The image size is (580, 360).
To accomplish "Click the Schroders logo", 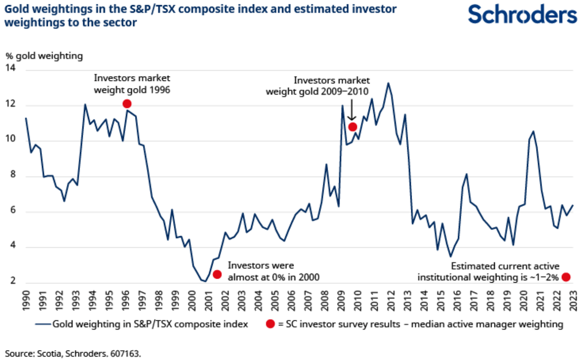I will click(522, 14).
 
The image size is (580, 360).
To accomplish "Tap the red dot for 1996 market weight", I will click(127, 103).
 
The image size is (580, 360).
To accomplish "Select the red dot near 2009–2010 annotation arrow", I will click(352, 127).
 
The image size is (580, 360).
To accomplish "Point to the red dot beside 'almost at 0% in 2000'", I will click(217, 274).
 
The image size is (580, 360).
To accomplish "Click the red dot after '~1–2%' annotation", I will click(566, 277).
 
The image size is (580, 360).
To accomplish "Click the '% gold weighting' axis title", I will click(44, 56).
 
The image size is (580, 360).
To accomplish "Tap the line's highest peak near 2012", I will click(388, 83).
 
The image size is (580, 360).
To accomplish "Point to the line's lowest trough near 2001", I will click(205, 281).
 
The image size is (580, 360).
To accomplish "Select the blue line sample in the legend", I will click(43, 324).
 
